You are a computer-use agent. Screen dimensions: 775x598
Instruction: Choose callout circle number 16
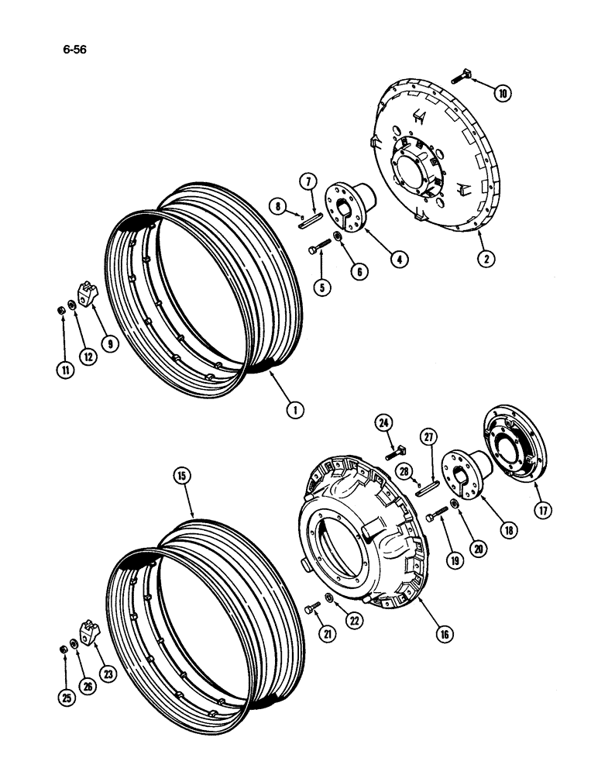(x=444, y=633)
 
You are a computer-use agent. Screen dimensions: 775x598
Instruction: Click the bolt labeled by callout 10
(x=466, y=74)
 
